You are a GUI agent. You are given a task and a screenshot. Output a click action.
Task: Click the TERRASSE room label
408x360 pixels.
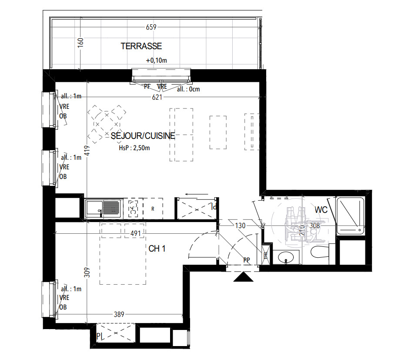click(141, 46)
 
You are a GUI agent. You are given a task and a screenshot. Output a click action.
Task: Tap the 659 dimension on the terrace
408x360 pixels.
click(151, 27)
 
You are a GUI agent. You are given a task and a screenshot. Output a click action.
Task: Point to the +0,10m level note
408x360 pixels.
click(156, 61)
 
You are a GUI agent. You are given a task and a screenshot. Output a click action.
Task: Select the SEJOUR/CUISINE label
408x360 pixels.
click(143, 136)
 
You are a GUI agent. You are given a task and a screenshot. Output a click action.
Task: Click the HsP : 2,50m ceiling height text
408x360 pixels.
click(134, 148)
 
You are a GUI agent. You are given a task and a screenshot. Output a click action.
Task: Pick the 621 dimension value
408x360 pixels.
click(157, 98)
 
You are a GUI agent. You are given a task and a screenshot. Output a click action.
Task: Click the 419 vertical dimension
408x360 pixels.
click(87, 151)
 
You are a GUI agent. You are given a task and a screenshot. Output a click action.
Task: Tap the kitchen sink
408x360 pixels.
click(103, 208)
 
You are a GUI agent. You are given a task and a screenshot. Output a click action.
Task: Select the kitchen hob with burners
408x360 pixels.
click(133, 209)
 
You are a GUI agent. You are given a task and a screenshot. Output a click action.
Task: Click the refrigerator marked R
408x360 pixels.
click(153, 209)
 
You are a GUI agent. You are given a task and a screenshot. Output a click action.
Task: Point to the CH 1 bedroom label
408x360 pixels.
click(157, 249)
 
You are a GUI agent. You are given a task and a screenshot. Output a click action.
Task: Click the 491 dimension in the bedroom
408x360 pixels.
click(136, 234)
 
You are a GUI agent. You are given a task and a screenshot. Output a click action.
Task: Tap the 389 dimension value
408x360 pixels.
click(119, 314)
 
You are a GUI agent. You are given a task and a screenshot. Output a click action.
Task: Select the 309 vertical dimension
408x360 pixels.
click(87, 273)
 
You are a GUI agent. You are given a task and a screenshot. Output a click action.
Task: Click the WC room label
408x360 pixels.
click(321, 210)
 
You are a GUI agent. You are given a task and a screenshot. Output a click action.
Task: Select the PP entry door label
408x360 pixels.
click(247, 260)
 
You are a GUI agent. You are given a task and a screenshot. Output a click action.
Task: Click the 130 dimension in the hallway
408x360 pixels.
click(241, 225)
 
